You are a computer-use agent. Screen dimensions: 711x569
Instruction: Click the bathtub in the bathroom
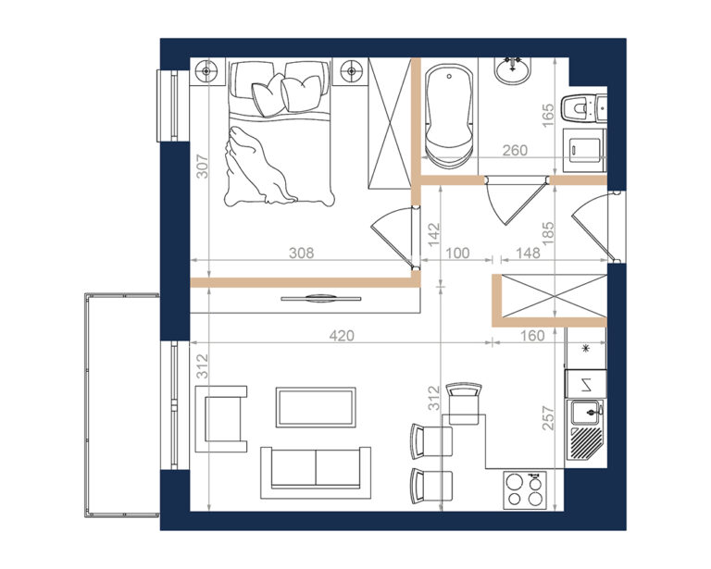(x=449, y=117)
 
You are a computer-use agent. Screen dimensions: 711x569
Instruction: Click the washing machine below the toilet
(x=584, y=150)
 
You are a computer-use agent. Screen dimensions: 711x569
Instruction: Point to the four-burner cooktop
(x=525, y=490)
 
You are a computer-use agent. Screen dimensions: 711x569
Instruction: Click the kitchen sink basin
(x=586, y=413)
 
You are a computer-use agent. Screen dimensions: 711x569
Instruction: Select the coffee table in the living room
(x=316, y=407)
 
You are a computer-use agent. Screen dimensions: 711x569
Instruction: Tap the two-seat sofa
(x=316, y=472)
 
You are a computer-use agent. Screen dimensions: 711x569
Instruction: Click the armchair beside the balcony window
(x=221, y=419)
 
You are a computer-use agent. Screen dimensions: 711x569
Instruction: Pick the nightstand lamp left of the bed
(x=206, y=71)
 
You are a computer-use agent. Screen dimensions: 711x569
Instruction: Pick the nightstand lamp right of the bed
(x=352, y=71)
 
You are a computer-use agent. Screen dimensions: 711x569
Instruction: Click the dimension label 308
(x=302, y=253)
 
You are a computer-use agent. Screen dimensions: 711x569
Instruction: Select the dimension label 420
(x=342, y=336)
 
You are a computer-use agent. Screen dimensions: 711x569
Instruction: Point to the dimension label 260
(x=515, y=150)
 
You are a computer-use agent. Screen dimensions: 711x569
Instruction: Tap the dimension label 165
(x=548, y=116)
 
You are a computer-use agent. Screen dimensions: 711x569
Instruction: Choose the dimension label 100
(x=457, y=253)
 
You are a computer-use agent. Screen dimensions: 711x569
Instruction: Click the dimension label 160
(x=532, y=336)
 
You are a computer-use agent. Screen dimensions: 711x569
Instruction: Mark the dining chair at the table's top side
(x=464, y=403)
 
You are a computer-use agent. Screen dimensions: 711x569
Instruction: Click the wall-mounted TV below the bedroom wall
(x=321, y=299)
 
